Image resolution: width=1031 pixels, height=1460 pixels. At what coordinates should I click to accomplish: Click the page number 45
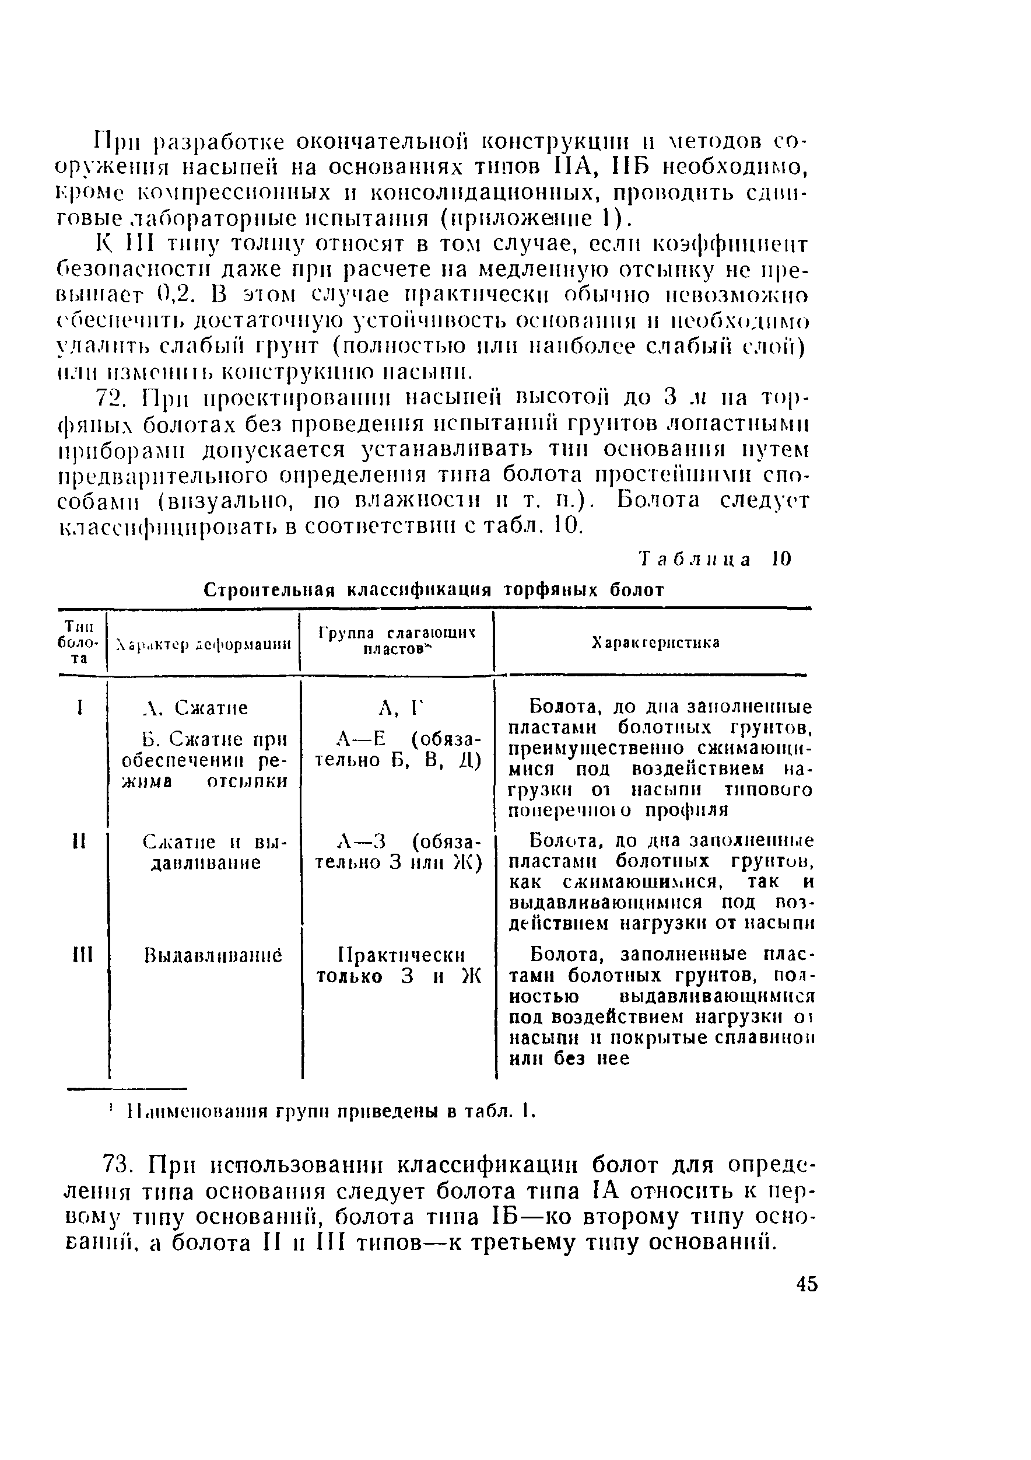pos(806,1284)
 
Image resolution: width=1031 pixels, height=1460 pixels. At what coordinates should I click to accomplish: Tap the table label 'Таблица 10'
pos(715,560)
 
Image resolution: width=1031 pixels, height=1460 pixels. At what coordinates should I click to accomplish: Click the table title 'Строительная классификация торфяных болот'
pos(434,590)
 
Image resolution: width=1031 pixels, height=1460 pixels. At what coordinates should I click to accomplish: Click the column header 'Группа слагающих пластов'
pos(397,641)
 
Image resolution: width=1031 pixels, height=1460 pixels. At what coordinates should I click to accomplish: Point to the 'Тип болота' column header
pos(79,642)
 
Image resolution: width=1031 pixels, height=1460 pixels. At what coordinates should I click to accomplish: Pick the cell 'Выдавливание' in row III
pos(204,956)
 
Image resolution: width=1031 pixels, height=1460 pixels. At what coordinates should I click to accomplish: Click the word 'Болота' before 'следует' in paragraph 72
pos(658,501)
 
